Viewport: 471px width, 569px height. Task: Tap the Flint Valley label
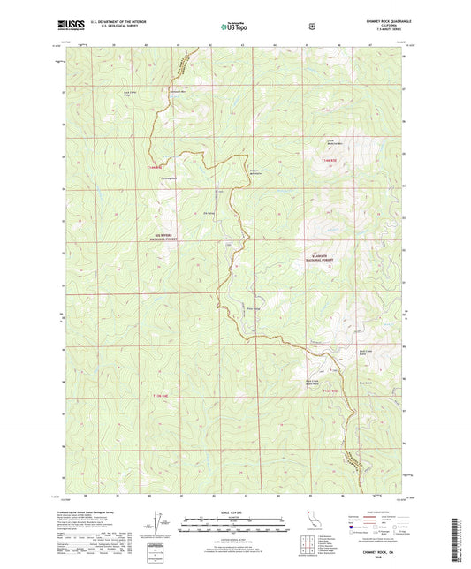[x=254, y=308]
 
